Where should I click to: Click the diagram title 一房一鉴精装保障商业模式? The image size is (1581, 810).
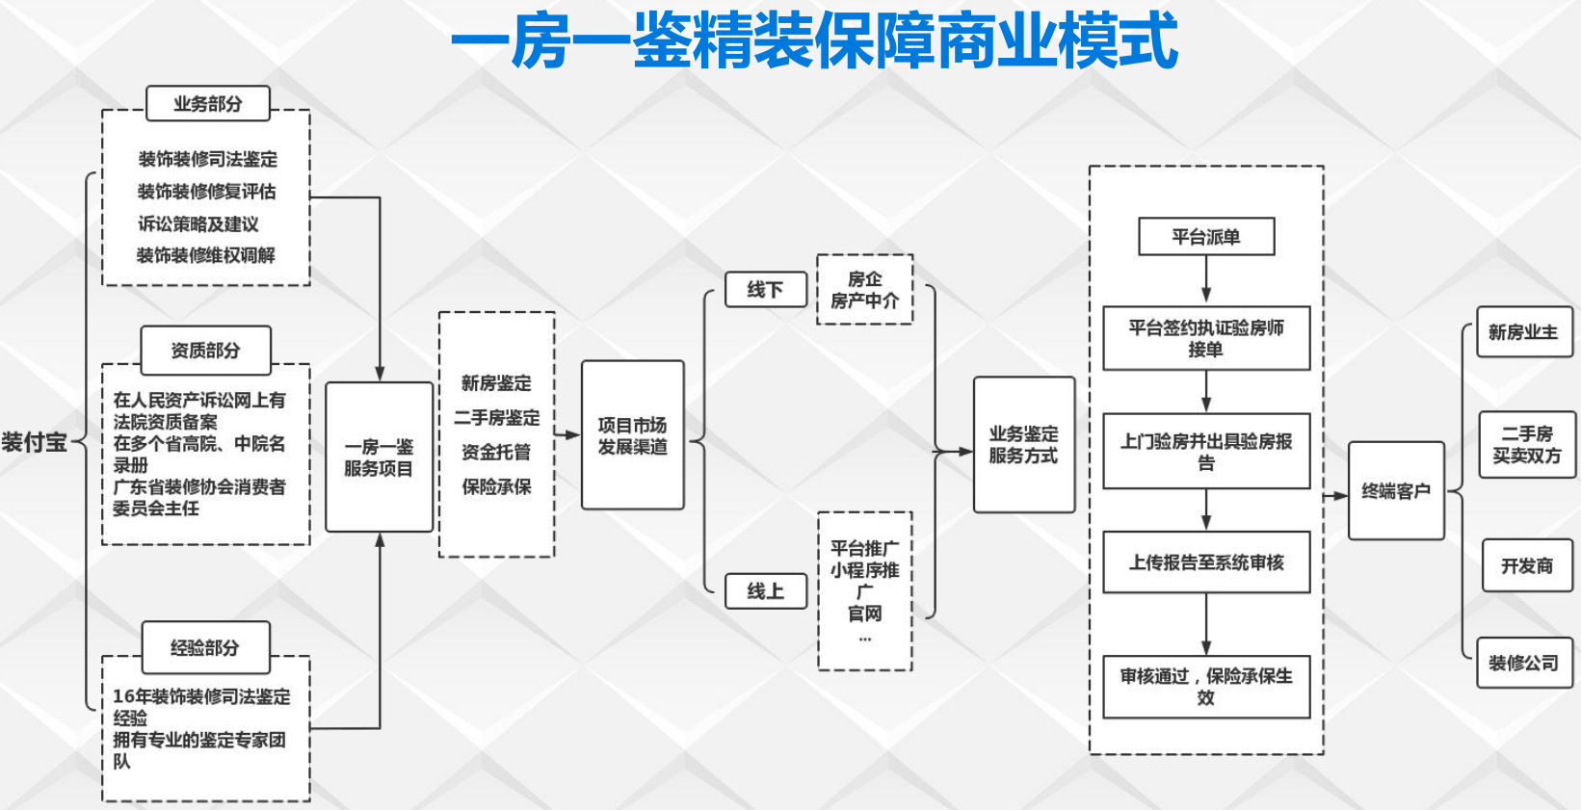click(814, 41)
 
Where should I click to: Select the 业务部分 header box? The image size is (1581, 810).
click(207, 103)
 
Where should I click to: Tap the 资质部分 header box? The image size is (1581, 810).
click(205, 350)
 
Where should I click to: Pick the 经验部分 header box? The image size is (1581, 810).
click(205, 647)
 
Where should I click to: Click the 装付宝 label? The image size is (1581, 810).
click(35, 442)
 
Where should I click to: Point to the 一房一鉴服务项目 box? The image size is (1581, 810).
click(379, 457)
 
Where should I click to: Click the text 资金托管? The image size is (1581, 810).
click(496, 452)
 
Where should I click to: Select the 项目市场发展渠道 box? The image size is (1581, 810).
click(632, 435)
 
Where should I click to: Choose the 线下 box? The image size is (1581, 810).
click(765, 289)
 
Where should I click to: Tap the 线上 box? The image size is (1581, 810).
click(765, 590)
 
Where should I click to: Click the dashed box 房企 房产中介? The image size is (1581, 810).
click(864, 289)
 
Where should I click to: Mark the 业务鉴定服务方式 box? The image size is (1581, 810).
click(1023, 444)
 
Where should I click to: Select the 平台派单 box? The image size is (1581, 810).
click(1205, 236)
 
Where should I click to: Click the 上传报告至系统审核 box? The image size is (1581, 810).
click(1205, 562)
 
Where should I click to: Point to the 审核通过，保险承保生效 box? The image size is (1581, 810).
click(1205, 686)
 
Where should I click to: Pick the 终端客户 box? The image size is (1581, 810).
click(1395, 490)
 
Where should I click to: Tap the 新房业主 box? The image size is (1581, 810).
click(1523, 332)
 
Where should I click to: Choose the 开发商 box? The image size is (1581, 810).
click(1527, 565)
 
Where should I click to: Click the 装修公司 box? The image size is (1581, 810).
click(1523, 663)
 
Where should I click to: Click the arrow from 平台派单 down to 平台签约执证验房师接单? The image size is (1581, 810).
click(1205, 280)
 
